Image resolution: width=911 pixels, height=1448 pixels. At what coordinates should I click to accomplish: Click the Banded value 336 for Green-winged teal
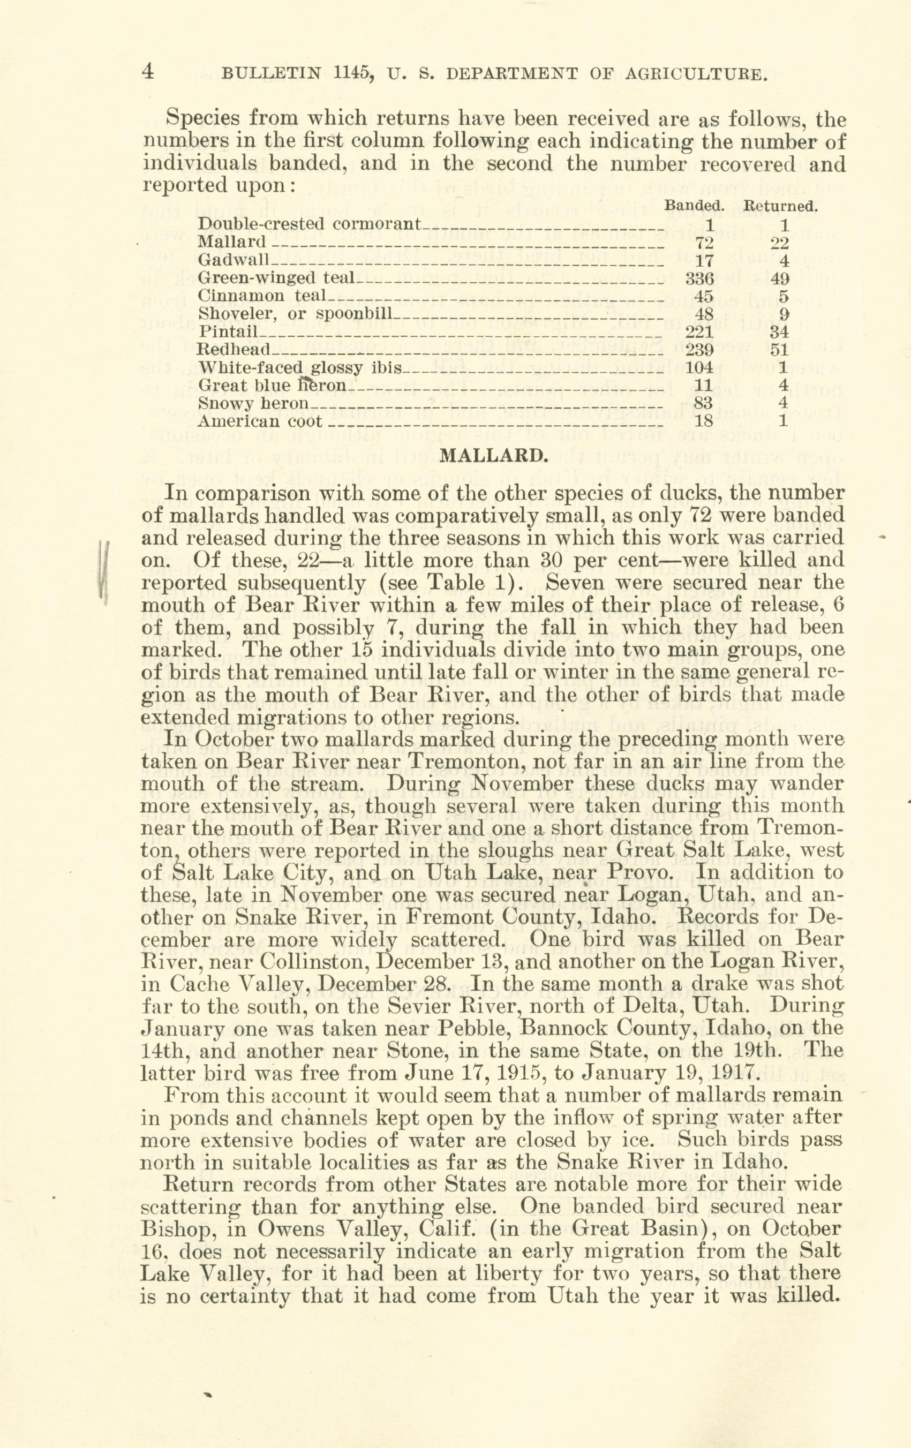coord(699,278)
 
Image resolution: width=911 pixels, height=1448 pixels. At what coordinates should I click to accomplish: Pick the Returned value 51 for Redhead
coord(781,349)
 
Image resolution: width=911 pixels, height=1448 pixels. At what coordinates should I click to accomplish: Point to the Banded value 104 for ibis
coord(699,367)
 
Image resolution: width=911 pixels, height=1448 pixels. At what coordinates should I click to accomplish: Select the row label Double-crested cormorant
coord(310,224)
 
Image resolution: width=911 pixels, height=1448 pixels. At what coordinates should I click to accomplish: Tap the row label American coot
coord(260,421)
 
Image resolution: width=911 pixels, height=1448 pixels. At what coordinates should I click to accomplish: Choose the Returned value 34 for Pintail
coord(781,331)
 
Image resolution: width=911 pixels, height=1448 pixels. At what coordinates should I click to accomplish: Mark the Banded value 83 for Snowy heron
coord(703,403)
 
